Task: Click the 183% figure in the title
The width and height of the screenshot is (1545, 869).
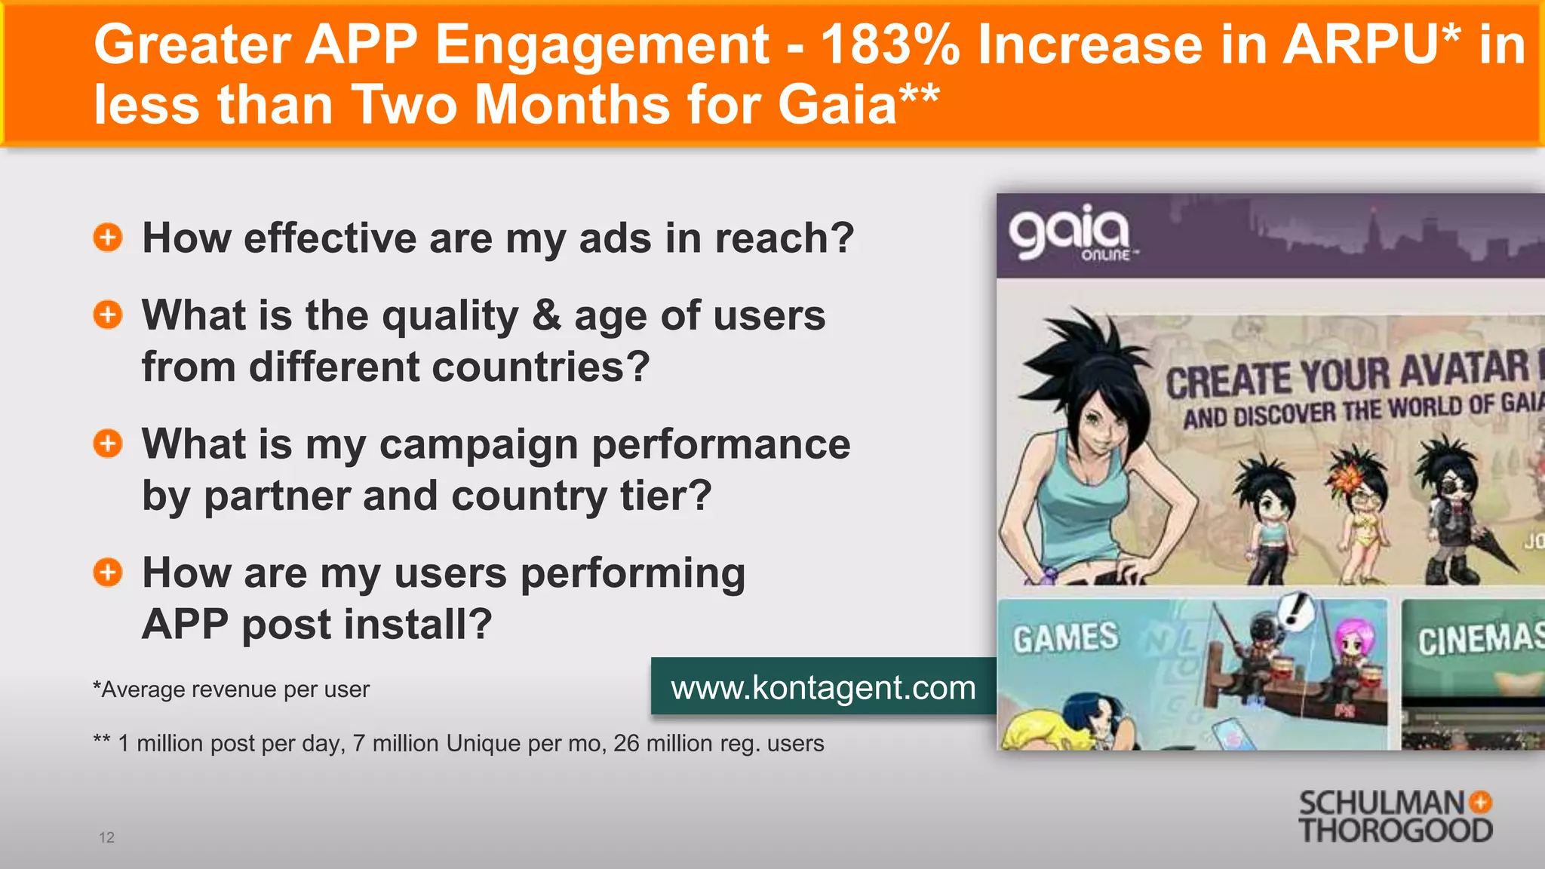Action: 889,45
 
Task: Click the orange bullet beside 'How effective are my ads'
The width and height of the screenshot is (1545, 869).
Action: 108,238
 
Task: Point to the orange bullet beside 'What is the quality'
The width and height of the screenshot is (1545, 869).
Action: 108,315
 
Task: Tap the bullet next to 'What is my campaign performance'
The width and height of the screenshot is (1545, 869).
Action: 108,444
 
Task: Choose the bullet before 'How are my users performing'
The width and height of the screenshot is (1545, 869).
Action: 108,573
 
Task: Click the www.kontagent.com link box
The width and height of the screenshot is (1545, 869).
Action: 823,687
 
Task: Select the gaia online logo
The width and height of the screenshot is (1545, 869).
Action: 1070,232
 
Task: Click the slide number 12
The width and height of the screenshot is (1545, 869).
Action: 106,837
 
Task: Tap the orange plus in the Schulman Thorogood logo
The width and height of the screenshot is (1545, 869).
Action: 1481,802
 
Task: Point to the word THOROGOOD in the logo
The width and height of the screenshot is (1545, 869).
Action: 1395,831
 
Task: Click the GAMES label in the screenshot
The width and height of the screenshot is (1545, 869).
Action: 1065,638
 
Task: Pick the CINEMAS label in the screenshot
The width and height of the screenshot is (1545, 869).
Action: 1479,640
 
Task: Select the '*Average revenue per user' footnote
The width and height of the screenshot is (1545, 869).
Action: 231,689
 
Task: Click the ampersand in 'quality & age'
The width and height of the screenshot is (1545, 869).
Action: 546,315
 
